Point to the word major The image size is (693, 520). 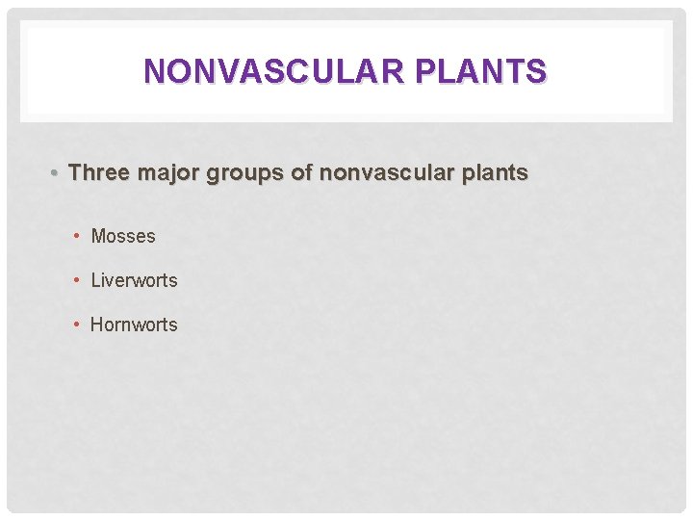click(163, 173)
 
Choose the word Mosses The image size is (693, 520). click(123, 236)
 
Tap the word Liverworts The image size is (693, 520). click(134, 280)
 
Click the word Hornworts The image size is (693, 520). click(134, 325)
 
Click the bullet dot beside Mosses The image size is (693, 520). click(78, 236)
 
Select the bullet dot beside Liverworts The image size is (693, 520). click(78, 280)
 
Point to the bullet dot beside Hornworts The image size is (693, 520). click(78, 325)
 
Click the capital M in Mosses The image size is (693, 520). click(98, 236)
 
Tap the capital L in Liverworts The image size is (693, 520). click(95, 280)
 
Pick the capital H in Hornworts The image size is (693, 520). click(96, 325)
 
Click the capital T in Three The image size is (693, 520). click(76, 173)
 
